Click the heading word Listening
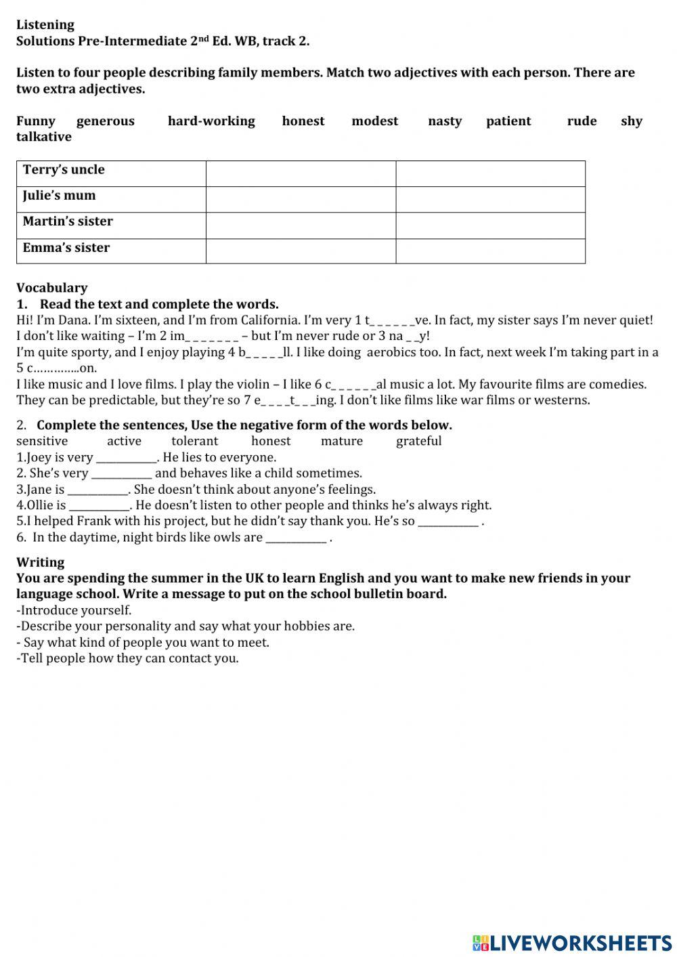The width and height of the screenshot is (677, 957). (45, 25)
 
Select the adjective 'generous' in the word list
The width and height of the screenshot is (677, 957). (106, 121)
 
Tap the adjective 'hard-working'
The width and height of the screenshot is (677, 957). (211, 121)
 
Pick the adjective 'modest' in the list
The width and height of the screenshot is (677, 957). (375, 121)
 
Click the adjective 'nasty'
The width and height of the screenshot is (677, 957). (445, 121)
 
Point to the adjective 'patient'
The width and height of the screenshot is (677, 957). (508, 121)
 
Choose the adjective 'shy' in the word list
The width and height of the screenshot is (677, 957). (631, 121)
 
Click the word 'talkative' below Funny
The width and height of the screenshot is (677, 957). (44, 137)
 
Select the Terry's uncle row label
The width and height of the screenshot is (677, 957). (64, 170)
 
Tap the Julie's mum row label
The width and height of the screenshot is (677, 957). (60, 196)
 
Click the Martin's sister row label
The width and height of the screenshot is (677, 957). (68, 221)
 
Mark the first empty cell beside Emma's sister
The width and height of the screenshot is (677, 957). (301, 251)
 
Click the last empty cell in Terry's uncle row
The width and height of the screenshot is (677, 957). (490, 173)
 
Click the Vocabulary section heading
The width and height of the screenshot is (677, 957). (52, 288)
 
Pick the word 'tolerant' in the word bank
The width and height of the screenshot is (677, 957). (195, 442)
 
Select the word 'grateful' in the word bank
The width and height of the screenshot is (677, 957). (418, 442)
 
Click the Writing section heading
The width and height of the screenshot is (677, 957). (41, 562)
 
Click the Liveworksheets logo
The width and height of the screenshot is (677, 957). (572, 943)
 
